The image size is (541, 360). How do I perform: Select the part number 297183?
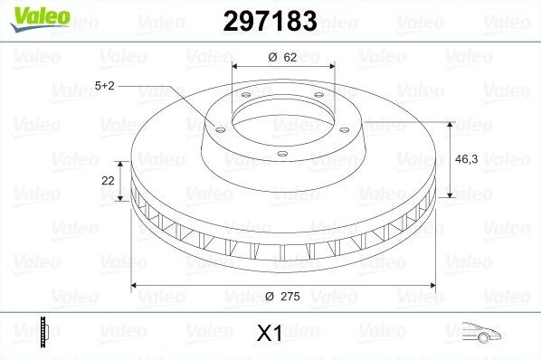(269, 22)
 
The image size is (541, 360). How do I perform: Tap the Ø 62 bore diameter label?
(283, 58)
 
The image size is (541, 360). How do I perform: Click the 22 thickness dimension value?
(109, 180)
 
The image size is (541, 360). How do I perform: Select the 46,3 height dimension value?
(467, 157)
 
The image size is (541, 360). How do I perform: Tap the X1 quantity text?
(270, 334)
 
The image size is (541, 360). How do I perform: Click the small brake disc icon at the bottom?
(43, 333)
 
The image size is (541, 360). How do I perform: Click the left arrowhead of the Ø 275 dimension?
(137, 286)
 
